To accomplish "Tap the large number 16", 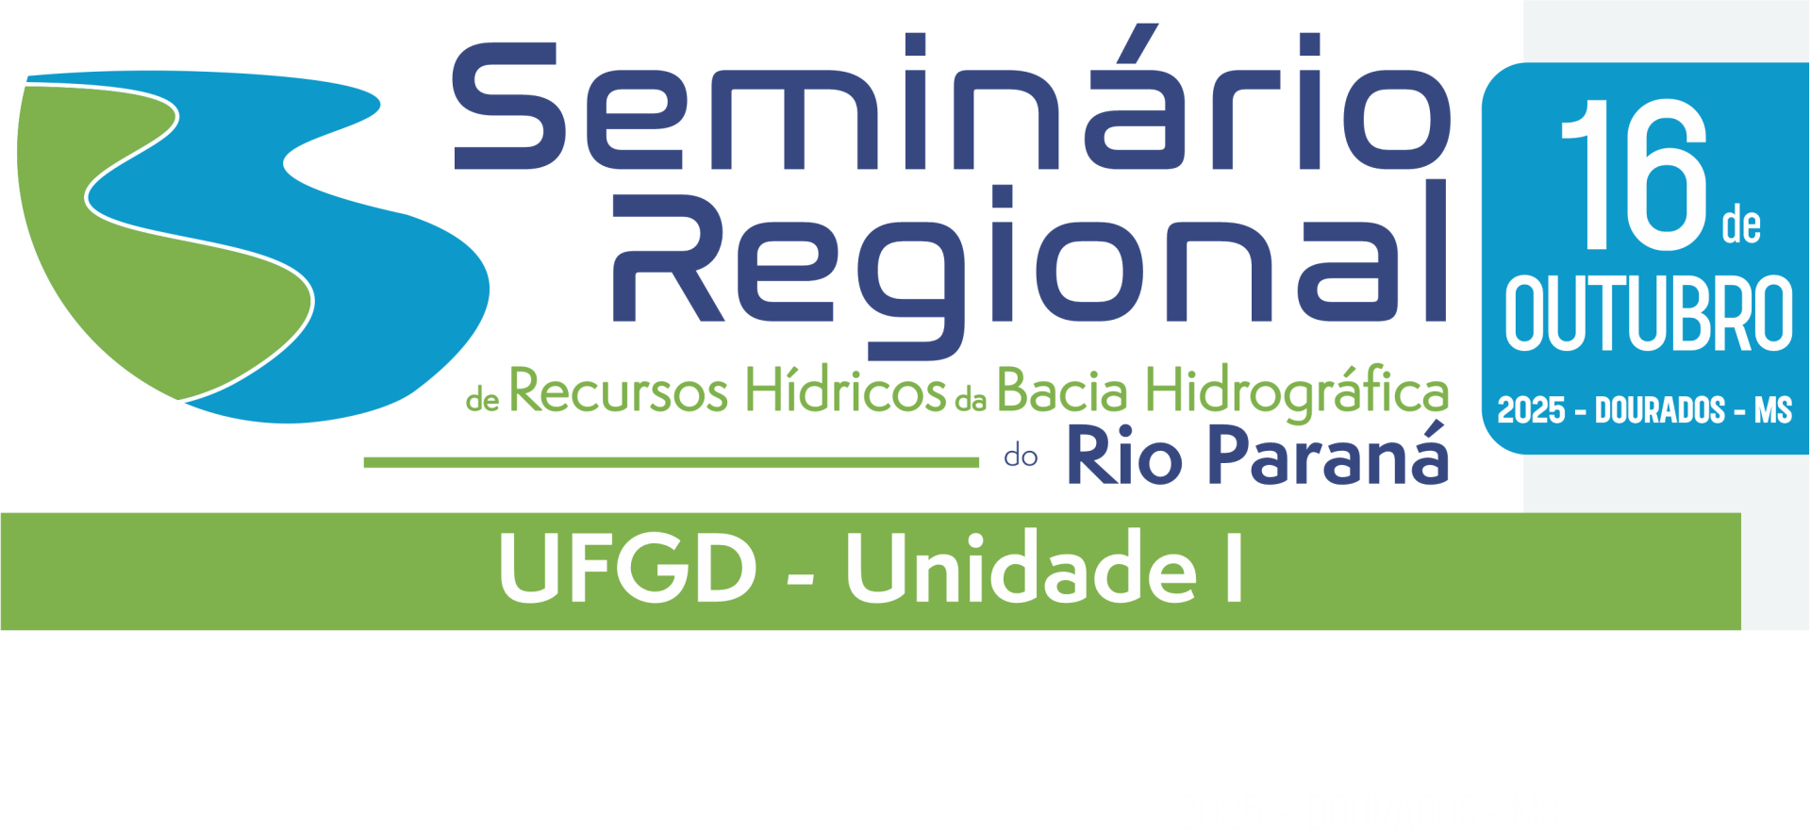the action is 1635,175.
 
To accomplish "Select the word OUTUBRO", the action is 1649,314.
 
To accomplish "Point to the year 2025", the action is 1531,410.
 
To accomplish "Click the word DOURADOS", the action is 1660,410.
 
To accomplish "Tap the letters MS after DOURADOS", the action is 1773,410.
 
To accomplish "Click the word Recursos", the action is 619,390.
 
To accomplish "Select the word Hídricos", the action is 845,389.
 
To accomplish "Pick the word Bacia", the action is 1062,390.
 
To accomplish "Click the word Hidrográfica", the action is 1298,392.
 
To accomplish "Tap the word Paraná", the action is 1328,454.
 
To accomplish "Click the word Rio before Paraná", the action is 1124,456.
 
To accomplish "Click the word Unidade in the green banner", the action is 1022,567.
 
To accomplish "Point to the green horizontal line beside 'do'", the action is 672,462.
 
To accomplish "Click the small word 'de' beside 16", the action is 1741,226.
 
